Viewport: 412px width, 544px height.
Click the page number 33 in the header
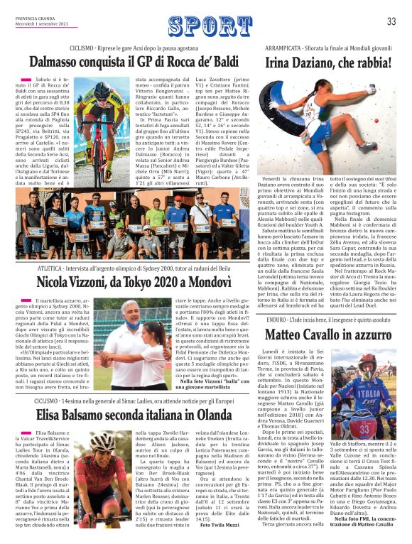coord(391,21)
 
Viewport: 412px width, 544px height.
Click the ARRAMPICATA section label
coord(289,48)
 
